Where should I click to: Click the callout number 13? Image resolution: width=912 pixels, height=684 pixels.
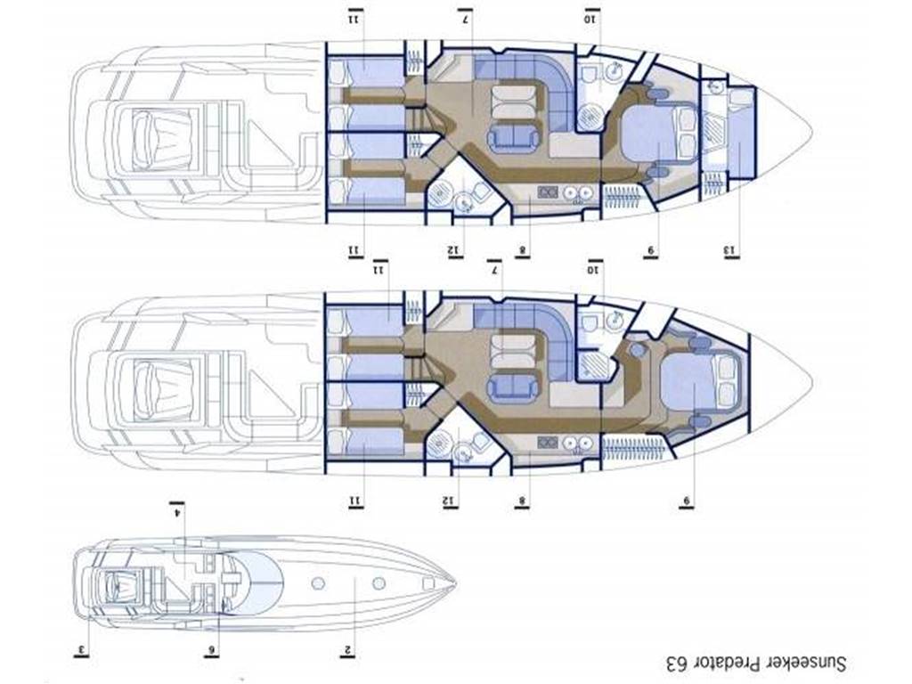pos(730,249)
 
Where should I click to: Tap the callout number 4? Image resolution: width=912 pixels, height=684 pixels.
pos(177,511)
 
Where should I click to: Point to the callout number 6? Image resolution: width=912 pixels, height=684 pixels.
pos(212,649)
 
